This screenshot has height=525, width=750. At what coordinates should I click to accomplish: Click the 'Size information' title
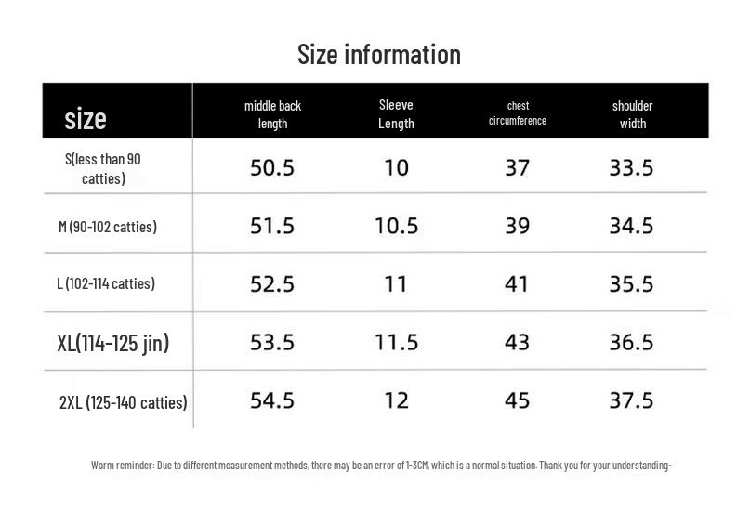click(x=379, y=55)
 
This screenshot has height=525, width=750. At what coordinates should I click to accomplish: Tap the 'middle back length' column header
click(x=272, y=114)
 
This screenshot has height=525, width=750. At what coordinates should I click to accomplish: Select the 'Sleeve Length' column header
click(x=396, y=114)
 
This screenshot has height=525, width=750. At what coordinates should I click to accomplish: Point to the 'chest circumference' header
click(x=518, y=113)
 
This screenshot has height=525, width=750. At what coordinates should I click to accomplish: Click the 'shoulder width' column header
click(x=632, y=114)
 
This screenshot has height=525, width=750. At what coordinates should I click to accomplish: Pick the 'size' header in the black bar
click(x=86, y=119)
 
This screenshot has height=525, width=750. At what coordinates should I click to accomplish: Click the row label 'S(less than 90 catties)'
click(x=103, y=169)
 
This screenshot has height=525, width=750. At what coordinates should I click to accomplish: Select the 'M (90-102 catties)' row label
click(x=108, y=227)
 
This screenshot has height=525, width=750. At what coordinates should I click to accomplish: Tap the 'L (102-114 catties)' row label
click(x=106, y=283)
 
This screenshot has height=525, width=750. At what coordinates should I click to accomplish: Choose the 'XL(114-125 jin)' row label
click(x=112, y=343)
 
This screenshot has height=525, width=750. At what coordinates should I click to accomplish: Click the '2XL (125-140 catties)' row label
click(x=123, y=402)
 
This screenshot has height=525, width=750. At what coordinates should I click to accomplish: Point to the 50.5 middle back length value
click(x=272, y=168)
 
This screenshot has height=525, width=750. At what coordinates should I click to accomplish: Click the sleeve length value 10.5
click(x=397, y=226)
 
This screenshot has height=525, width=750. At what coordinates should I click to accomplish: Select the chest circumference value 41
click(x=517, y=284)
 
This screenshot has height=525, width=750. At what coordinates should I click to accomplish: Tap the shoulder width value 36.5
click(x=631, y=342)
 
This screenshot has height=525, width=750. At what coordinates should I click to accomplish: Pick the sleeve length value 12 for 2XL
click(x=397, y=400)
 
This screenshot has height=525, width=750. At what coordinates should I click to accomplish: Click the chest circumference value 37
click(x=517, y=168)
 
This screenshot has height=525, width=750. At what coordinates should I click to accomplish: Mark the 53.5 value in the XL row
click(x=272, y=342)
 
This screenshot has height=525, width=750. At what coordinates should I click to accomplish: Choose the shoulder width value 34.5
click(x=631, y=226)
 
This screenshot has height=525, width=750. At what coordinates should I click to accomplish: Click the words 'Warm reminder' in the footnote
click(x=123, y=466)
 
